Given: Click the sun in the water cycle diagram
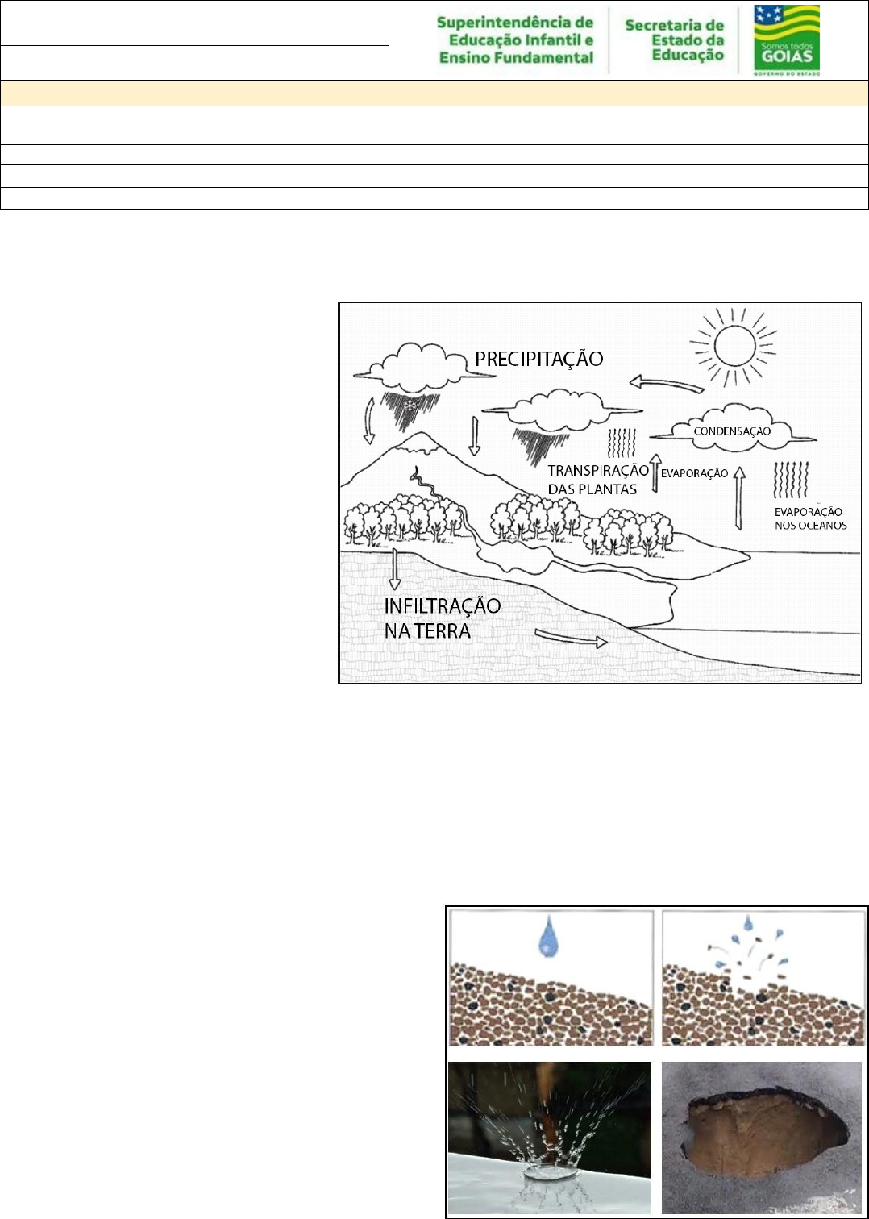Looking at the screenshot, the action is [x=734, y=345].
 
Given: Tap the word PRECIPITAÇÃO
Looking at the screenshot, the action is [x=538, y=360].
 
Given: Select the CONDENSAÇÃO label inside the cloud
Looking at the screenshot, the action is [x=732, y=431].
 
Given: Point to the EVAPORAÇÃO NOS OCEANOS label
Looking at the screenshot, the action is [x=810, y=518].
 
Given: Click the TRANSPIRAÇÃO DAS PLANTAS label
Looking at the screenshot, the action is [x=598, y=480].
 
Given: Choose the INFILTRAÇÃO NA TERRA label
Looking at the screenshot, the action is [x=443, y=618].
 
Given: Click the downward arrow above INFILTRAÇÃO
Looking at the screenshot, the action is [x=394, y=570].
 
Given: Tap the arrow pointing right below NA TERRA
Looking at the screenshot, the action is [x=572, y=639].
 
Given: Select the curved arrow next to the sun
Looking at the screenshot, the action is [x=666, y=385].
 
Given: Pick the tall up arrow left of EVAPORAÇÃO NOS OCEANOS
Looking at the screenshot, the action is [x=738, y=497].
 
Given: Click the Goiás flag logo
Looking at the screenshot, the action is [x=786, y=40].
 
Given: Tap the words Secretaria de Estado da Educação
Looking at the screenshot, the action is [x=674, y=40].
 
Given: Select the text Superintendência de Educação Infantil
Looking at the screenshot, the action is [x=515, y=31].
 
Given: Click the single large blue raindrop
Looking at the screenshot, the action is [x=548, y=935].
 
